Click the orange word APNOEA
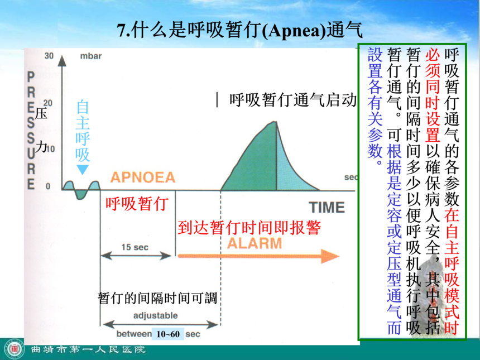[143, 177]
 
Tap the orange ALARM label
[255, 243]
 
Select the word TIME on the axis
[327, 207]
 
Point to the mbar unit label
[91, 56]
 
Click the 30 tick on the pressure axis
[49, 56]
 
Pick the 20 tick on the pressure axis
[48, 103]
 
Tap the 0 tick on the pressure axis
[48, 186]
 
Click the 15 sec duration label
[135, 247]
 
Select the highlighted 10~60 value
[168, 334]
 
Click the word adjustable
[156, 315]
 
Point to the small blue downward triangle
[83, 169]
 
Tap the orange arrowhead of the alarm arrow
[330, 256]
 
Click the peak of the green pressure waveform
[276, 122]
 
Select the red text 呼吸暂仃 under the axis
[137, 204]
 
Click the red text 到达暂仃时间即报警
[249, 228]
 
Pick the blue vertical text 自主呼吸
[83, 131]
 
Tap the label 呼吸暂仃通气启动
[293, 100]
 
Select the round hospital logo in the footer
[15, 349]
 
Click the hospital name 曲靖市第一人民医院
[88, 349]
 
